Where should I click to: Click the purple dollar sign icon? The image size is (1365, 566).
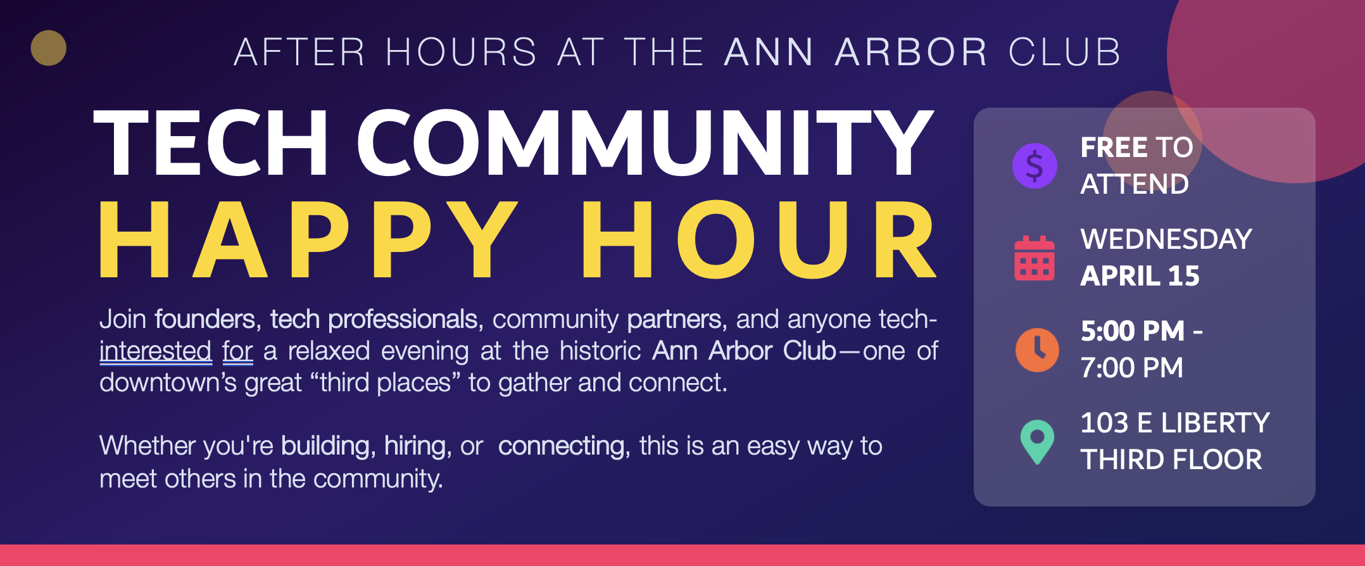[x=1035, y=166]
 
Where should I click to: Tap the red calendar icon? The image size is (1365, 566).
[x=1035, y=258]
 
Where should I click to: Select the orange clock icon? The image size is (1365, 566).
[x=1037, y=349]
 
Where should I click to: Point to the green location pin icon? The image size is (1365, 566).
[x=1037, y=442]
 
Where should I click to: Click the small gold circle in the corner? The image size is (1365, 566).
[x=49, y=48]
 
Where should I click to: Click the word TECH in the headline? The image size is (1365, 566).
[x=211, y=143]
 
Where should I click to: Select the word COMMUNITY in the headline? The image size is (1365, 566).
[x=645, y=143]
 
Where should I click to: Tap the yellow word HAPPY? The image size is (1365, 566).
[x=308, y=239]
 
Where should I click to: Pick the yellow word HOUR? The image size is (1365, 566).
[x=759, y=239]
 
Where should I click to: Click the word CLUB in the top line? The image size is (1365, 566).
[x=1064, y=52]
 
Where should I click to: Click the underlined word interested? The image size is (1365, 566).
[x=155, y=351]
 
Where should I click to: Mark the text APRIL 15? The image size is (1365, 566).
[x=1140, y=276]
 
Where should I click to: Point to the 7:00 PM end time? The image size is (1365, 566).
[x=1131, y=368]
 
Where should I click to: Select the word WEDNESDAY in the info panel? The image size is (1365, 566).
[x=1166, y=239]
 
